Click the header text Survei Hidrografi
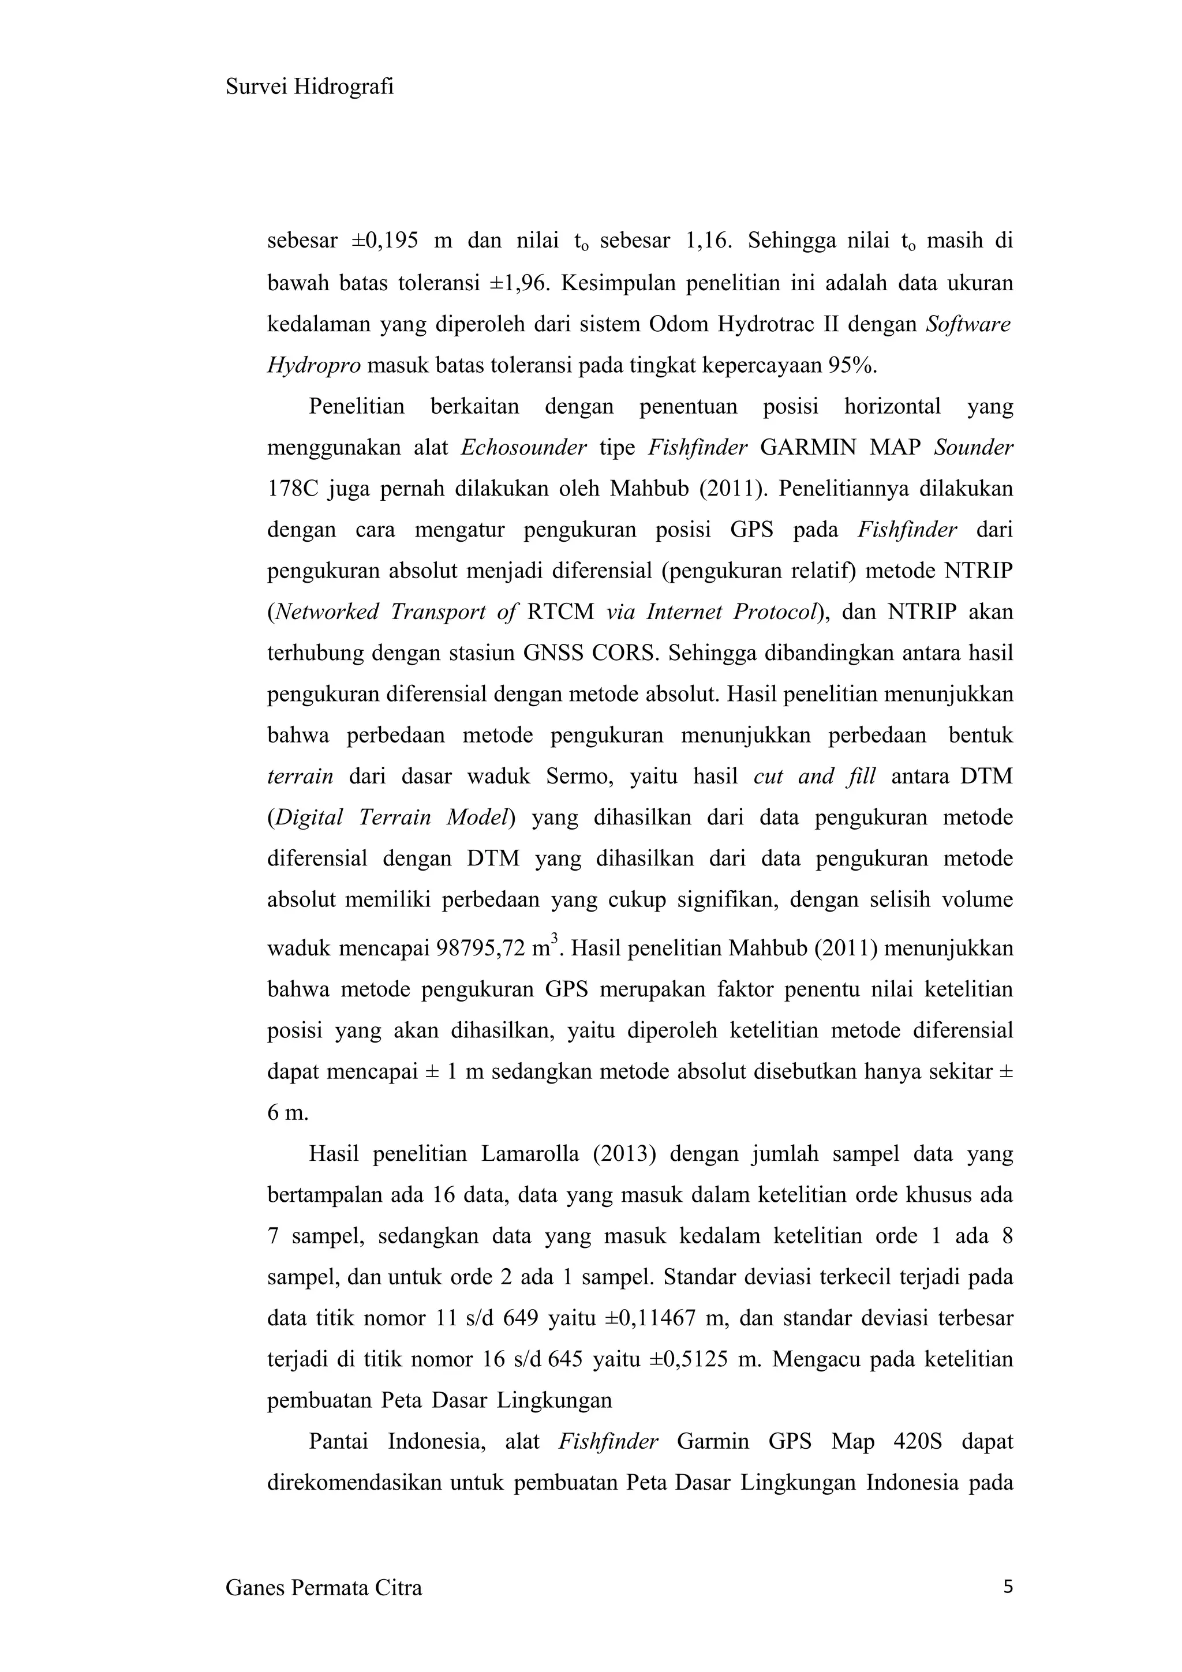[x=309, y=87]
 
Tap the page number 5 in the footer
[x=1008, y=1587]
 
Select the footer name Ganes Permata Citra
[x=323, y=1588]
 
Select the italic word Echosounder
[x=523, y=447]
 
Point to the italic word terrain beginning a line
[x=300, y=777]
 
